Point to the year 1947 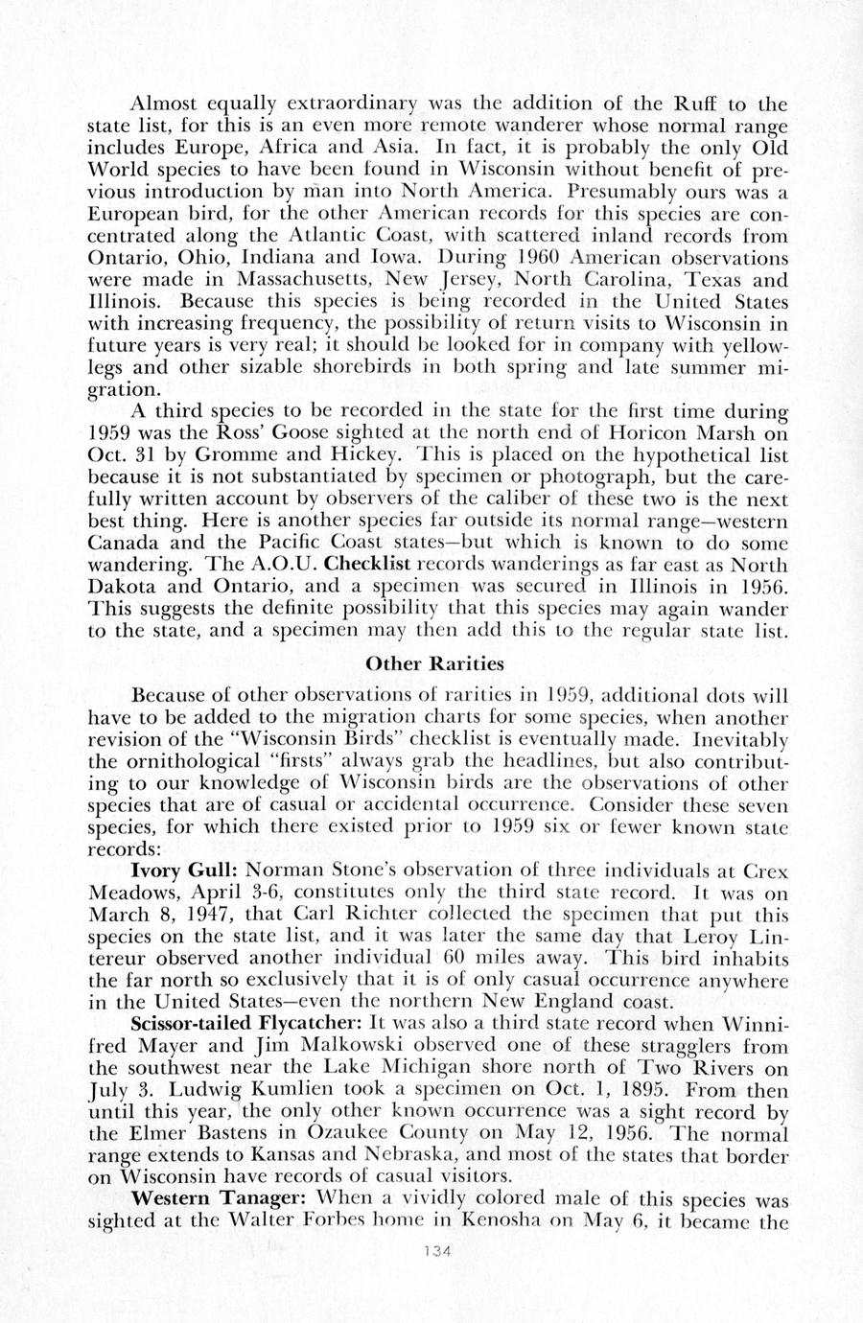(x=203, y=914)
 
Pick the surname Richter (x=381, y=914)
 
